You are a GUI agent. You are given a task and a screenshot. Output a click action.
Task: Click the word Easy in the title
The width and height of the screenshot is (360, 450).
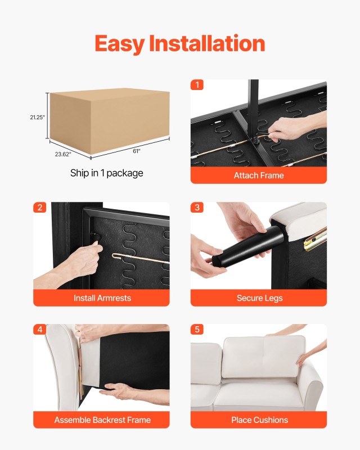click(119, 44)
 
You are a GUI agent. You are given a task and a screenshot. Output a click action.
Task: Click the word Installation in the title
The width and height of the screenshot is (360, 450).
click(207, 43)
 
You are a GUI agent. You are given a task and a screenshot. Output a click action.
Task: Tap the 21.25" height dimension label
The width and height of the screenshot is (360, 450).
click(37, 117)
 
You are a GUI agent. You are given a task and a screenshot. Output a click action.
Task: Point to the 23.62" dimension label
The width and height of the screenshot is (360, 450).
click(63, 154)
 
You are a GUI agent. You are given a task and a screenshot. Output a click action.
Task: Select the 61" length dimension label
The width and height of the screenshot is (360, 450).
click(136, 151)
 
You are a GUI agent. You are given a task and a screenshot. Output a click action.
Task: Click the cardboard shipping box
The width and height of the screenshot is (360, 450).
click(109, 120)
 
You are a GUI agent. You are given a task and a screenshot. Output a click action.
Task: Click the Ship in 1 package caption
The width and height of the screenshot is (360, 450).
click(107, 173)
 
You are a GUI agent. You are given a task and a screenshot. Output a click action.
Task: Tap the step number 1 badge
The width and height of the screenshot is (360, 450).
click(197, 85)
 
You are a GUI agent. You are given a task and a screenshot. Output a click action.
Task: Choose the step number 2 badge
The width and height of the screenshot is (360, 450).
click(39, 207)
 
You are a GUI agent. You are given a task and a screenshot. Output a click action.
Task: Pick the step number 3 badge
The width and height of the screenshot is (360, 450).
click(197, 207)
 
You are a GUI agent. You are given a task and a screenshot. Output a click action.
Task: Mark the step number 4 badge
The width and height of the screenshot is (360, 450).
click(39, 329)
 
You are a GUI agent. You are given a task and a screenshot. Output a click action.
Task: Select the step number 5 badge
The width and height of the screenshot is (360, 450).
click(197, 329)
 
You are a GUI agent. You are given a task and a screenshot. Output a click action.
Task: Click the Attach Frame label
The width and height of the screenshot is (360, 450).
click(259, 175)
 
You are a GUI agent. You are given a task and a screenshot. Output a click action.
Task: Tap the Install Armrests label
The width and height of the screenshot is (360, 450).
click(102, 298)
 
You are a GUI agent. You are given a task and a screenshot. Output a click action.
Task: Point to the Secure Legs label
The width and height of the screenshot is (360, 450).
click(259, 298)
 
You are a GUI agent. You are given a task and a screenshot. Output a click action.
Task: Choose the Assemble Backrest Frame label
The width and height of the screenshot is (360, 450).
click(102, 420)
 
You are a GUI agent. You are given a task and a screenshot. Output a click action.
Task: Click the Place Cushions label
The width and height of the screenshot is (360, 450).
click(259, 420)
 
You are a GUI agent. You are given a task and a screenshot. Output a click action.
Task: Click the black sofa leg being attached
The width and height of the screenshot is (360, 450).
click(248, 246)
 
